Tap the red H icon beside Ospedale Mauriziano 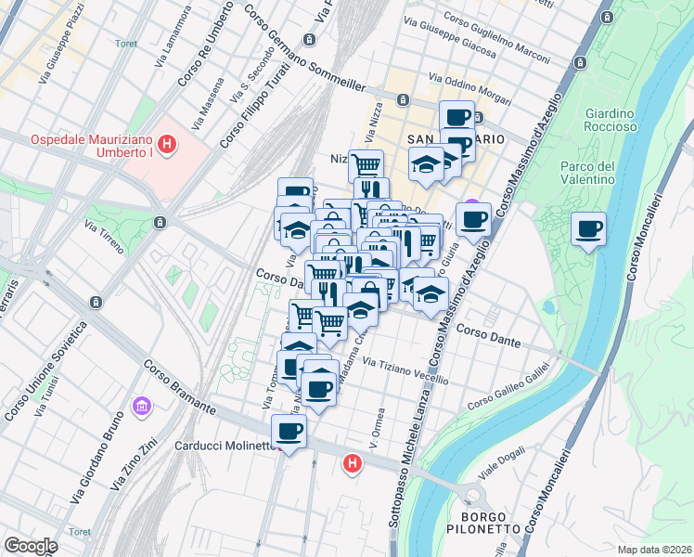[x=167, y=144]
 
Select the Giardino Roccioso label [x=610, y=120]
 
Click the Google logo [x=31, y=545]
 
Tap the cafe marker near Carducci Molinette [x=289, y=432]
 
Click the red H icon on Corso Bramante [x=352, y=461]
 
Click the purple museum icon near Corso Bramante [x=141, y=406]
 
